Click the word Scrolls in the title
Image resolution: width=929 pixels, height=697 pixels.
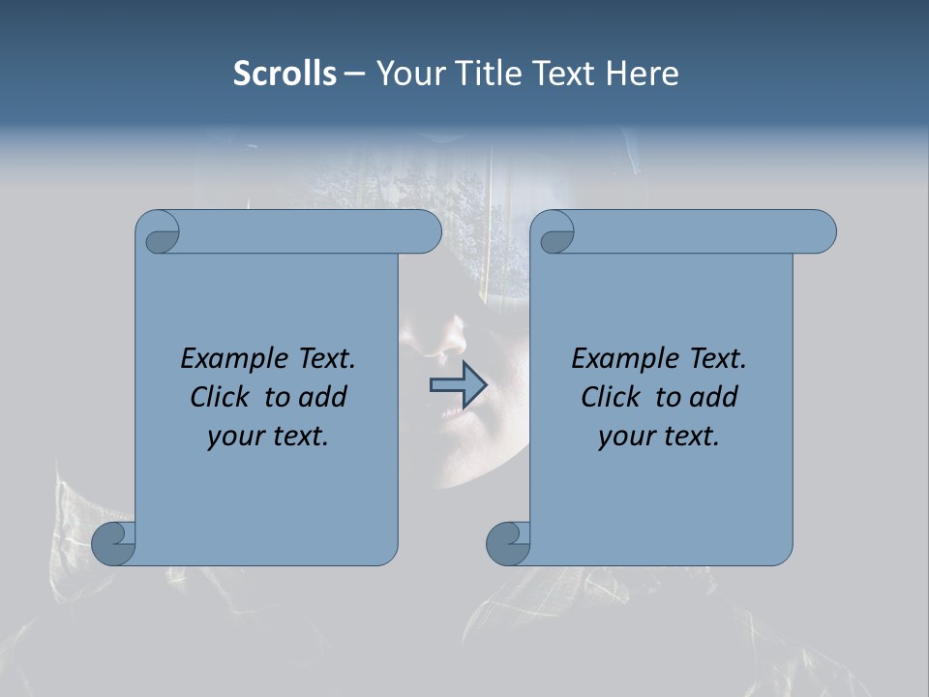coord(285,73)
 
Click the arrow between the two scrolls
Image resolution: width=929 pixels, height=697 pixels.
coord(457,385)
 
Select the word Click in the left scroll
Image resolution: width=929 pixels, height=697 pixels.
coord(222,397)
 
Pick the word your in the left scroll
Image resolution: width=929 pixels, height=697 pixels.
coord(231,437)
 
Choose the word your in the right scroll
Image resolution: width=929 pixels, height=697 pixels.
coord(622,437)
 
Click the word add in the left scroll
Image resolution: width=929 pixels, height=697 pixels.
coord(322,397)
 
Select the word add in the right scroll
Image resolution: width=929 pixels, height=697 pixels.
coord(713,397)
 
